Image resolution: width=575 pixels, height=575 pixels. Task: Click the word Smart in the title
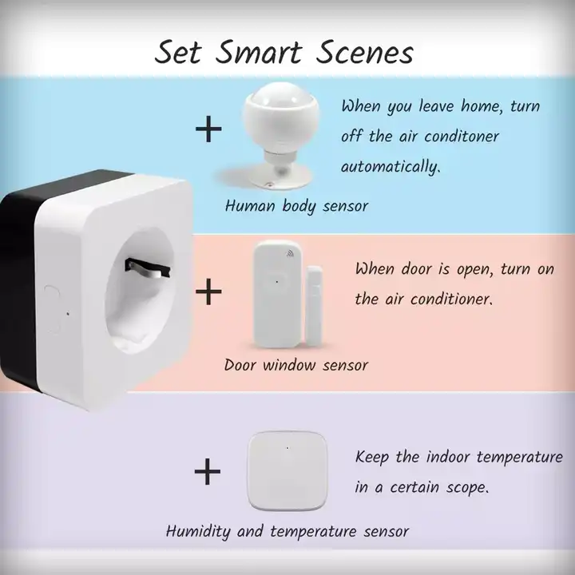coord(258,53)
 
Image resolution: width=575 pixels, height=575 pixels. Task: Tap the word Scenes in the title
coord(364,53)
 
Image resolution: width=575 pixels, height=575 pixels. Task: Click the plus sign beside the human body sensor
coord(208,129)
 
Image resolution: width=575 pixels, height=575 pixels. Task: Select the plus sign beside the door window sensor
coord(208,291)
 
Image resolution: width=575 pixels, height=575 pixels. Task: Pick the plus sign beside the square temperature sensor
coord(208,471)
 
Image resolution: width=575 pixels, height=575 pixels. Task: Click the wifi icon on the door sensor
coord(290,253)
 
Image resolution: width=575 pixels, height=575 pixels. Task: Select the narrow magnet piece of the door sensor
coord(315,305)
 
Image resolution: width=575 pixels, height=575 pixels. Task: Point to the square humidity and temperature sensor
coord(287,470)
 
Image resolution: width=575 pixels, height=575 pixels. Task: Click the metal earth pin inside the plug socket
coord(148,268)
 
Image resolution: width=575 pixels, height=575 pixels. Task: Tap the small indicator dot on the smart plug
coord(68,314)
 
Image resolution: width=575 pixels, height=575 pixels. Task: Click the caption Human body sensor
coord(296,206)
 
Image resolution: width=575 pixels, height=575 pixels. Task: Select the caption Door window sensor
coord(296,365)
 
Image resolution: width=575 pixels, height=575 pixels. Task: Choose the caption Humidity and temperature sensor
coord(287,531)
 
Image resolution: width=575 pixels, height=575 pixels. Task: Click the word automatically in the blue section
coord(391,167)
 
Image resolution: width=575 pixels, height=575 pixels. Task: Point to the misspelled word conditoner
coord(462,137)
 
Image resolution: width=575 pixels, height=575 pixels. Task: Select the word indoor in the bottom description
coord(448,457)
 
